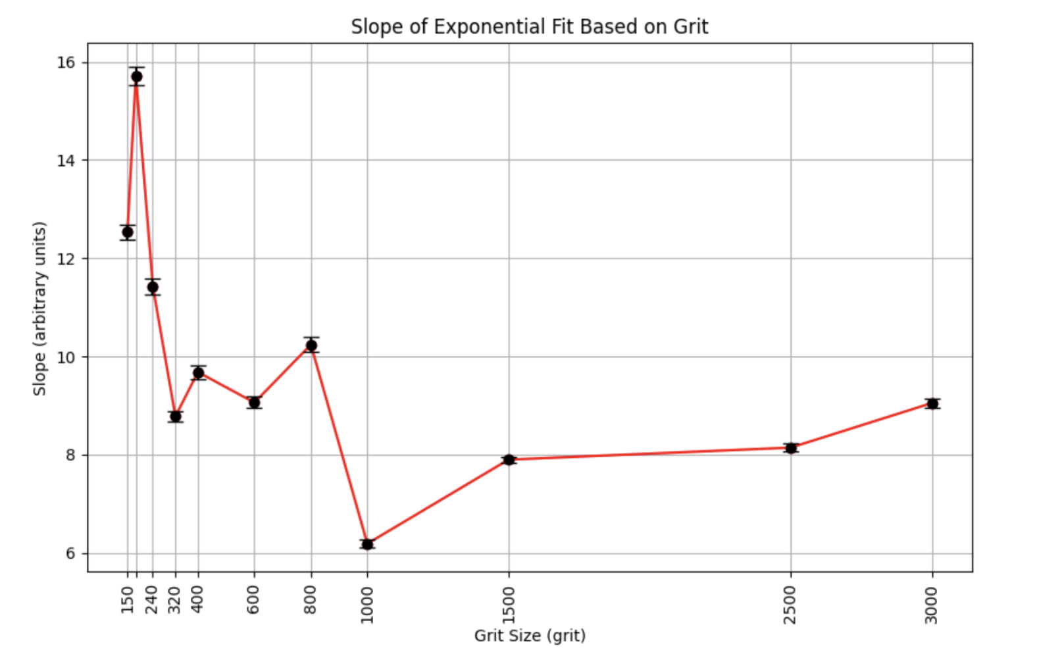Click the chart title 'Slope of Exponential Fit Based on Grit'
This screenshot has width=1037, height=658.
529,27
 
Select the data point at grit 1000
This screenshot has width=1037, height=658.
367,544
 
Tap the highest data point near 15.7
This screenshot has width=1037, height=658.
137,76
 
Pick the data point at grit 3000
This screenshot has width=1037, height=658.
932,403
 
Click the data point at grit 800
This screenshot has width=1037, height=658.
311,345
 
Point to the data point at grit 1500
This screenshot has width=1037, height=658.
508,459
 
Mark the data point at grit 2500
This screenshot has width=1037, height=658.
791,448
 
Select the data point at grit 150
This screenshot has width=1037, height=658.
128,232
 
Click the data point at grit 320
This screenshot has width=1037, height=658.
175,417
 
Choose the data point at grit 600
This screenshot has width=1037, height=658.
254,402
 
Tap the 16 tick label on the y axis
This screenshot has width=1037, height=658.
66,63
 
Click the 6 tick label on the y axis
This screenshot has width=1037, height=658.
70,553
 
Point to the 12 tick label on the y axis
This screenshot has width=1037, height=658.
66,259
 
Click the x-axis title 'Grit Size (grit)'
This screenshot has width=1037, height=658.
530,636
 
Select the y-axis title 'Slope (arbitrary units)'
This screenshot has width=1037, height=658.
40,308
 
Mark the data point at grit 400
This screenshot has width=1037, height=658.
198,373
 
